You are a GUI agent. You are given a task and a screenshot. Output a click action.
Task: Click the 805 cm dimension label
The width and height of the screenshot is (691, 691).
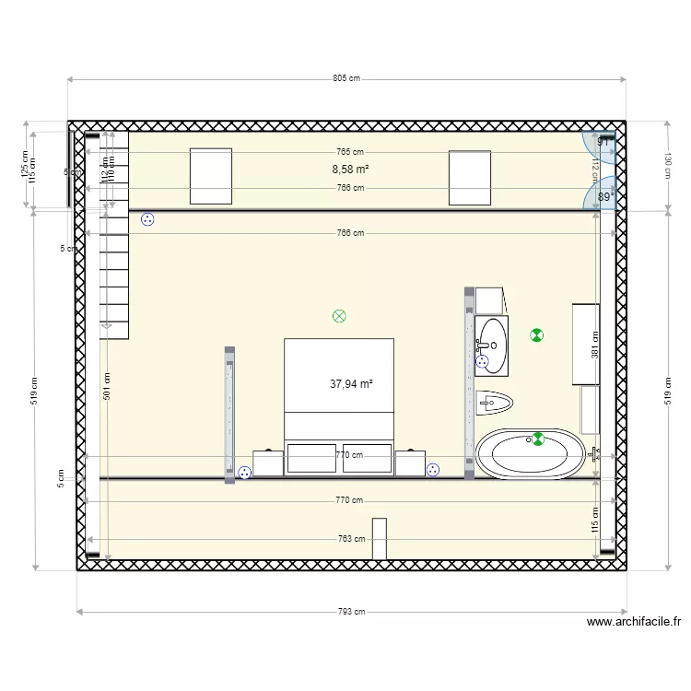(346, 79)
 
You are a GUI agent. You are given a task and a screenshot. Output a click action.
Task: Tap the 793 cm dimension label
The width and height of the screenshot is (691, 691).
(352, 611)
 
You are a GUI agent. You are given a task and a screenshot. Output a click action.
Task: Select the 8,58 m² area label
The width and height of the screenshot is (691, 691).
(350, 170)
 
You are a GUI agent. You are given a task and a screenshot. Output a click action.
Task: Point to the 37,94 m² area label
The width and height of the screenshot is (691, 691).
(351, 384)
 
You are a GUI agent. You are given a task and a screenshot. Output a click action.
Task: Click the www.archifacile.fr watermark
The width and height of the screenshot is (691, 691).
(634, 622)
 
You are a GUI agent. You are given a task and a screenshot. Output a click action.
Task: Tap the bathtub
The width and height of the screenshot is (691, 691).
(530, 454)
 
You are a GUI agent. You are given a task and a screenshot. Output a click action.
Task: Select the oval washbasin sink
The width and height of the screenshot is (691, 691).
(493, 345)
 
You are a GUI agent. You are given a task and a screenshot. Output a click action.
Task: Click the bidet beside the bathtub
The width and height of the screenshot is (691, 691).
(496, 402)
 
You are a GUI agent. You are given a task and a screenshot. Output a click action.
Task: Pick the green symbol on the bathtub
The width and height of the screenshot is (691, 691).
(538, 439)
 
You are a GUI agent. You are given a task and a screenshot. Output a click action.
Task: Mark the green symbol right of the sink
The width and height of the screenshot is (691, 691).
(537, 335)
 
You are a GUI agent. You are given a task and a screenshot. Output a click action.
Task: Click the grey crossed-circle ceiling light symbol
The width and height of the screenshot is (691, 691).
(339, 316)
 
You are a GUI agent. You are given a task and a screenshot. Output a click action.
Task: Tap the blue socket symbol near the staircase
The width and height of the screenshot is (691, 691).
(147, 219)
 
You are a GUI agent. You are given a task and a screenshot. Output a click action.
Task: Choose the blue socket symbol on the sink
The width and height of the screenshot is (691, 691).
(481, 363)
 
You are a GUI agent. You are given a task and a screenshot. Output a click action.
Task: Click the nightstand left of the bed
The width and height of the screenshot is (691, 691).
(268, 463)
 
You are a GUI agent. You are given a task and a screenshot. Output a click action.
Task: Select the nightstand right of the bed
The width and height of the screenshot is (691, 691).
(410, 463)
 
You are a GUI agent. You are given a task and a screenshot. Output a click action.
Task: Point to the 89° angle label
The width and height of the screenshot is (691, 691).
(605, 197)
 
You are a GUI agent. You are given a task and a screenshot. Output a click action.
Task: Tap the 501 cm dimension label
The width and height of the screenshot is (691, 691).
(108, 386)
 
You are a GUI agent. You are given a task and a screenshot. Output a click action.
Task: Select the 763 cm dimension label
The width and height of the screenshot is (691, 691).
(351, 539)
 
